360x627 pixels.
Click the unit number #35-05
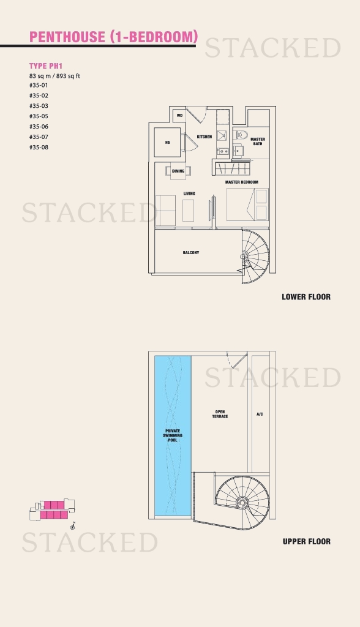pos(39,116)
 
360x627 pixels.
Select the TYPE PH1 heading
pos(45,66)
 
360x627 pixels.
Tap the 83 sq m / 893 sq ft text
pos(54,76)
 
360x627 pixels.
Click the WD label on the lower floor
pos(179,116)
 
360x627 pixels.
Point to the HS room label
pos(168,142)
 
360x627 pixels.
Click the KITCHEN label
pos(204,137)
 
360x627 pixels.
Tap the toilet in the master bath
pos(241,135)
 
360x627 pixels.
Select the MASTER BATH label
pos(258,141)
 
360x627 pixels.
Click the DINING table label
pos(178,171)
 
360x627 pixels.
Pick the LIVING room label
pos(189,193)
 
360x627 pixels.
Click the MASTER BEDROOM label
pos(242,182)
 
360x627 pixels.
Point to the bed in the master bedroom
pos(247,205)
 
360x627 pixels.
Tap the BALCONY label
pos(191,253)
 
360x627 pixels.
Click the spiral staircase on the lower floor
pos(255,257)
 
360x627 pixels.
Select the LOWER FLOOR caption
pos(306,297)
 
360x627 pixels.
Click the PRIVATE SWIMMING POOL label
pos(173,435)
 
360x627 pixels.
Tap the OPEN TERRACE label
pos(220,415)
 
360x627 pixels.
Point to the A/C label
pos(260,415)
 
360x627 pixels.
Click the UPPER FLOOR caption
pos(306,541)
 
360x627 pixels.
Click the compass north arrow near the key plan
pos(73,526)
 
